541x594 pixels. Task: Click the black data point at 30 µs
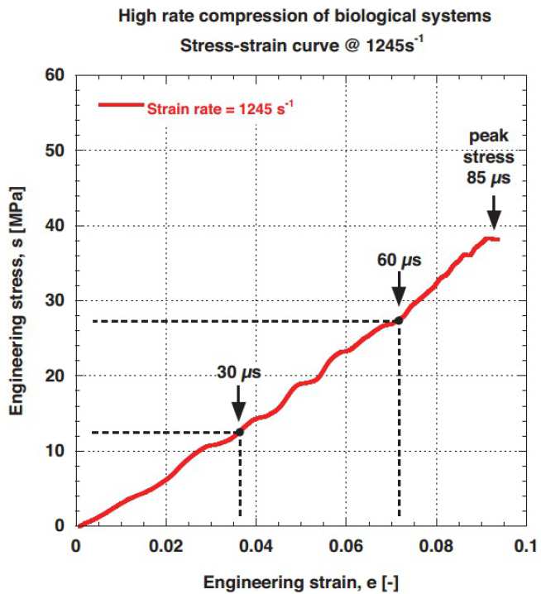[x=240, y=432]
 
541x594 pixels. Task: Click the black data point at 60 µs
[x=399, y=320]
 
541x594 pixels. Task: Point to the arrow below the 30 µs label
[x=239, y=404]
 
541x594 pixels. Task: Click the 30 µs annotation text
[x=238, y=373]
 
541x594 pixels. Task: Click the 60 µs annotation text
[x=398, y=261]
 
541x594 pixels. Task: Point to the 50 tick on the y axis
[x=57, y=151]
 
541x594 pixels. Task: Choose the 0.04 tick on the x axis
[x=256, y=546]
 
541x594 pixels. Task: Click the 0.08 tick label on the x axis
[x=435, y=546]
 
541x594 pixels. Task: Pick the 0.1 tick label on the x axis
[x=524, y=546]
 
